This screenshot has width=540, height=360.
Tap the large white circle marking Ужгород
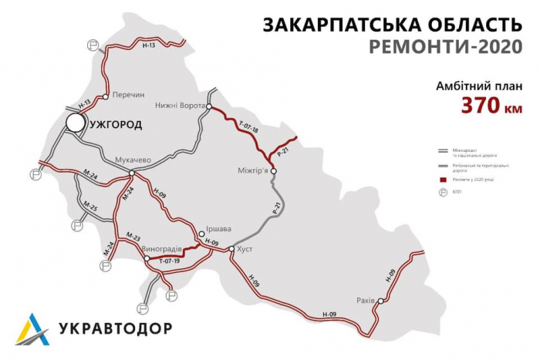pos(76,122)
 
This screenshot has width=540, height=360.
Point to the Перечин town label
pos(128,95)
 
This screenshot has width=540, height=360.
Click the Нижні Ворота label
pos(178,105)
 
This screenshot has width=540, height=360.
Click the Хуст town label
pos(245,249)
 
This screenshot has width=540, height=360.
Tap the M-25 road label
pos(89,208)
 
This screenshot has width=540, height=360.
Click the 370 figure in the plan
pos(482,106)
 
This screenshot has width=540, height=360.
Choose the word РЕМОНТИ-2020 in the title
pos(437,46)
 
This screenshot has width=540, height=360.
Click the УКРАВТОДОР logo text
pos(116,329)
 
